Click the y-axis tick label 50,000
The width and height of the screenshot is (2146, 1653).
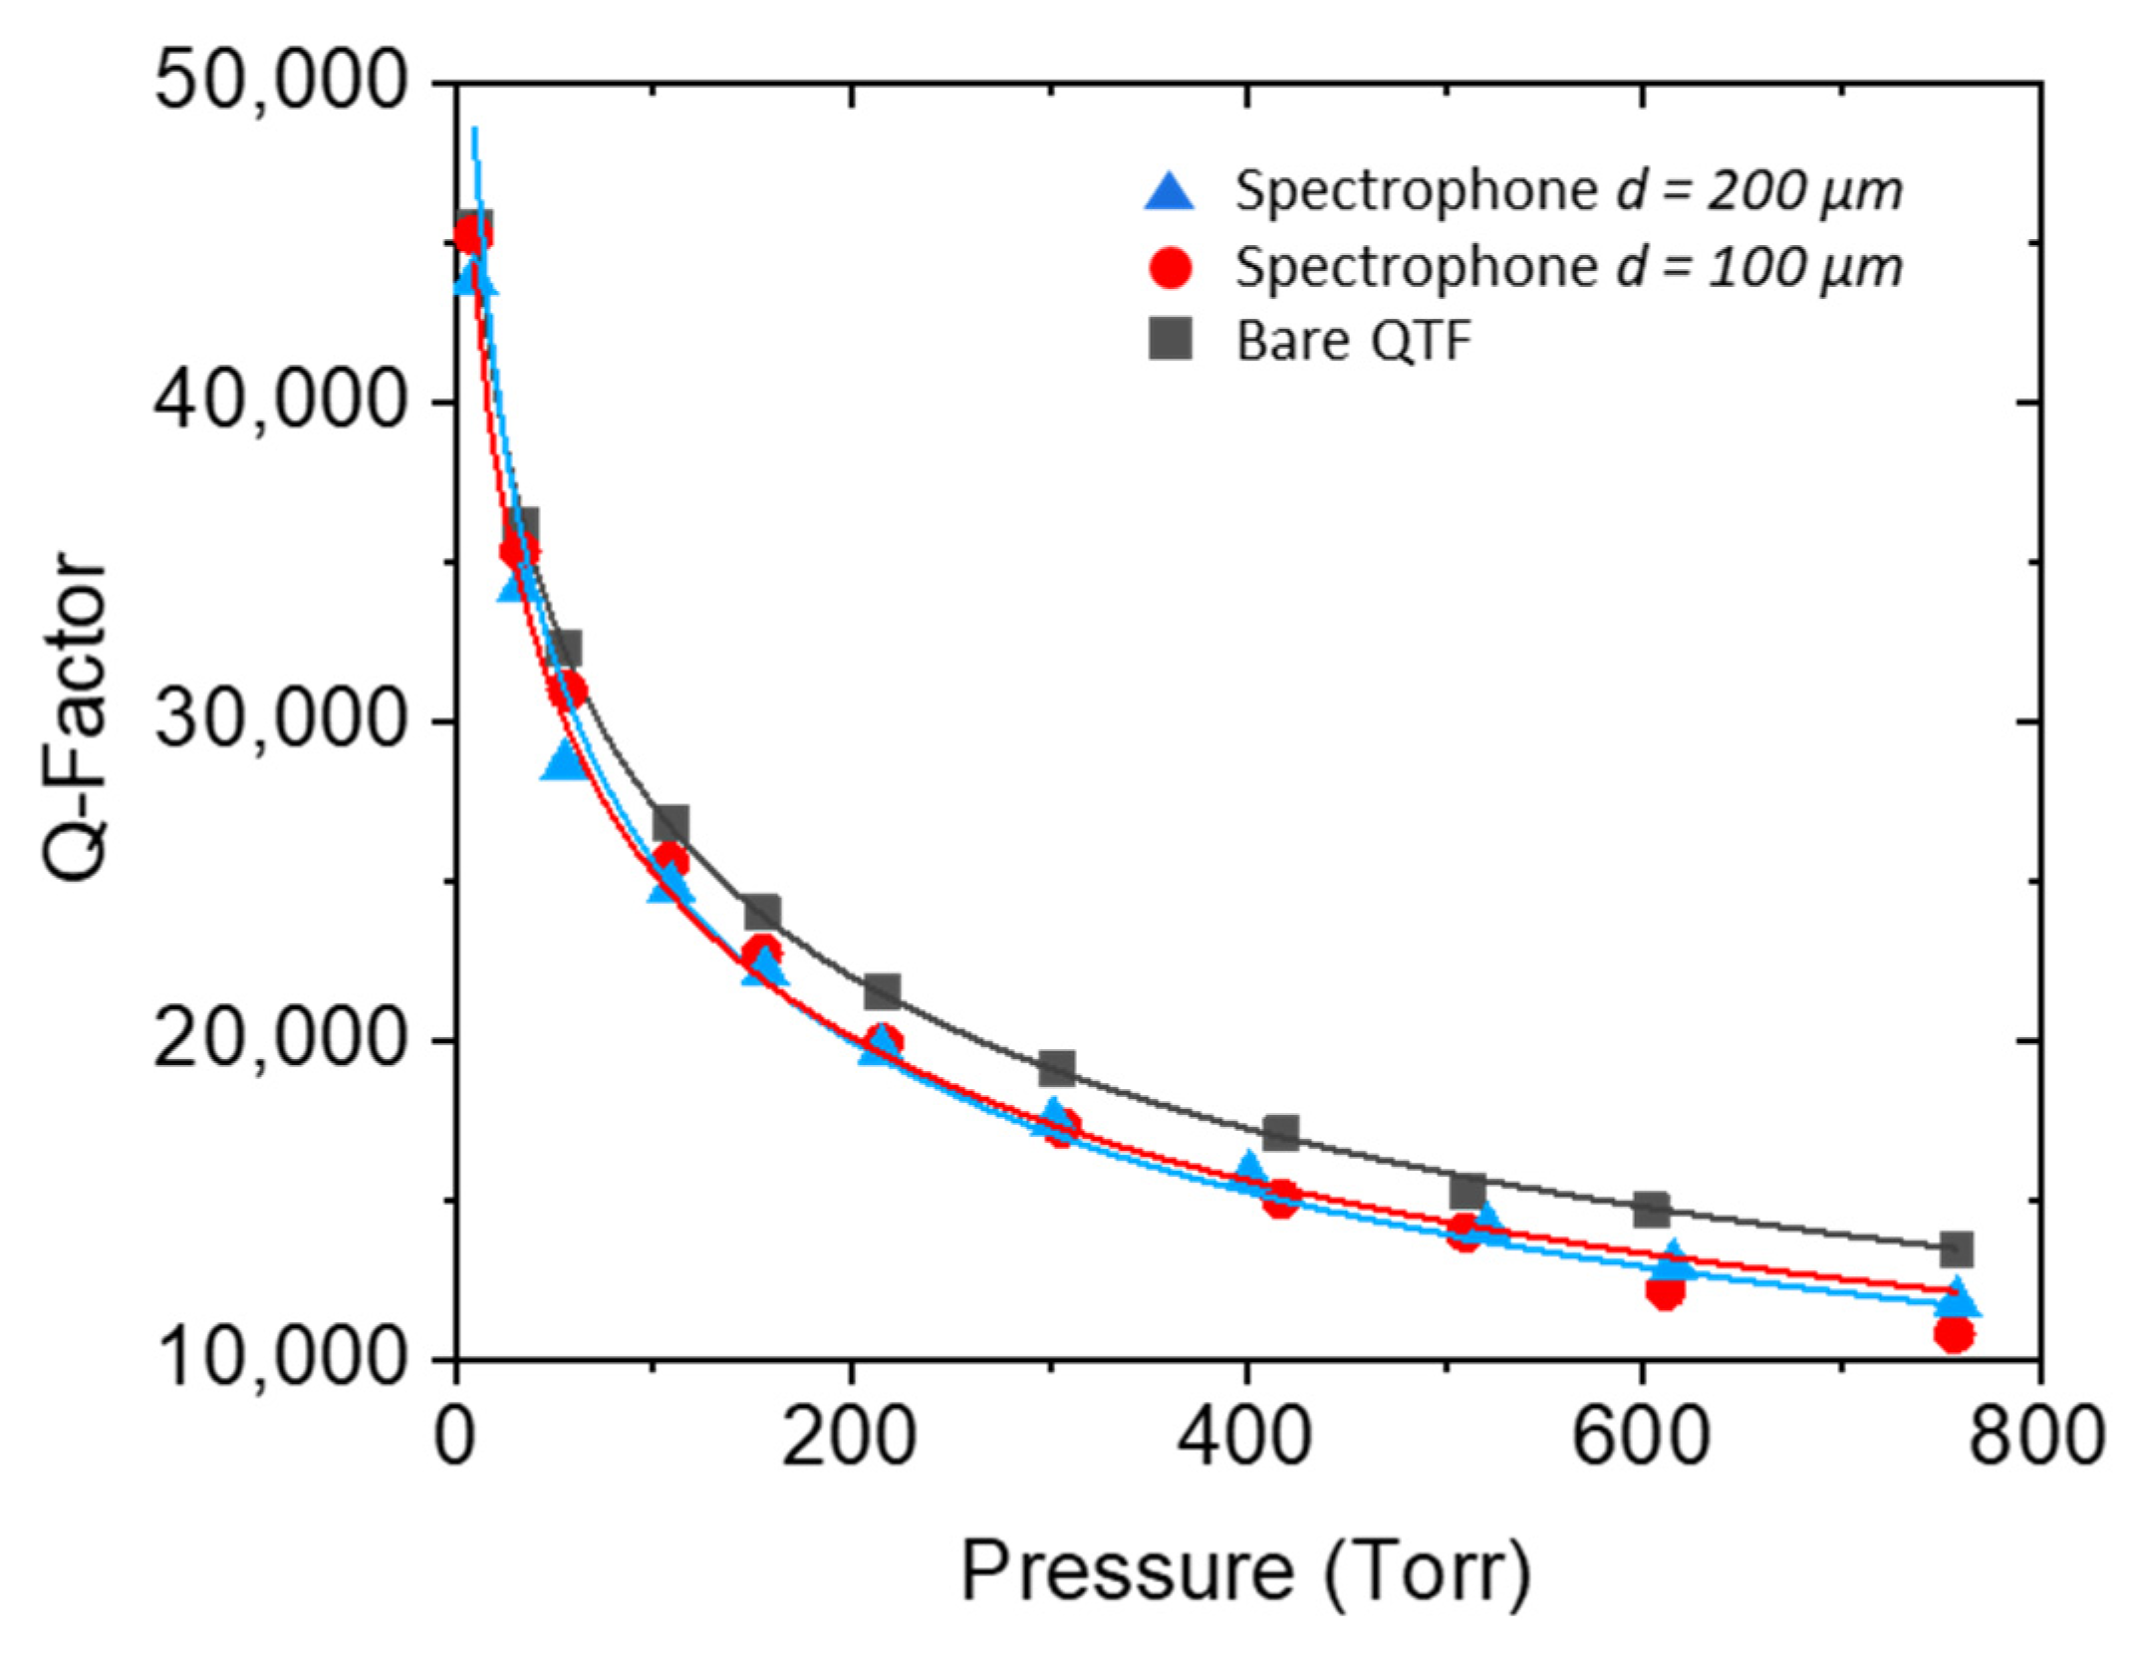click(281, 83)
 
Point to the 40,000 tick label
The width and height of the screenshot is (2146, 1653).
click(281, 402)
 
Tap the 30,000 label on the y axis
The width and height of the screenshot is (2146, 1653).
click(281, 720)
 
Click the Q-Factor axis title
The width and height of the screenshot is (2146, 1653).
click(76, 717)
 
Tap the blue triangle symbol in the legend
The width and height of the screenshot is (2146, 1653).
click(1170, 191)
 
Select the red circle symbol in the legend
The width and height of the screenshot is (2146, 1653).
click(1170, 268)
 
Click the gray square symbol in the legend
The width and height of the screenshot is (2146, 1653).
click(1170, 341)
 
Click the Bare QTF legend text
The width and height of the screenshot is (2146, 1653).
click(1353, 342)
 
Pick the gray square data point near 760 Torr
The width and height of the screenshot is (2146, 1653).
click(1956, 1248)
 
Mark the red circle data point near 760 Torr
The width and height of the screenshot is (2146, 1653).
click(1954, 1334)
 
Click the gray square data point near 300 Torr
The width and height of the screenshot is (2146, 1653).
click(1056, 1068)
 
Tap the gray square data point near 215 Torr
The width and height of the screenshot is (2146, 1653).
click(882, 991)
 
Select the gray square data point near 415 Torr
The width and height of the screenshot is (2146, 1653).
click(1280, 1133)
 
